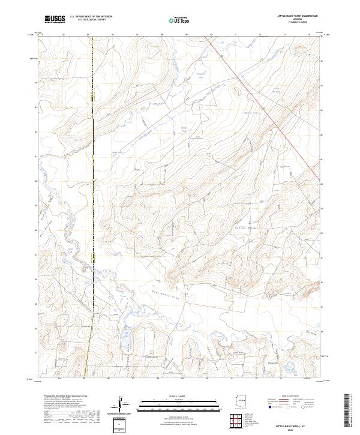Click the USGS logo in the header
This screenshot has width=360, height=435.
pos(55,19)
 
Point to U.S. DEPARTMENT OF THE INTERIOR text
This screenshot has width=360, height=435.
pos(91,17)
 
